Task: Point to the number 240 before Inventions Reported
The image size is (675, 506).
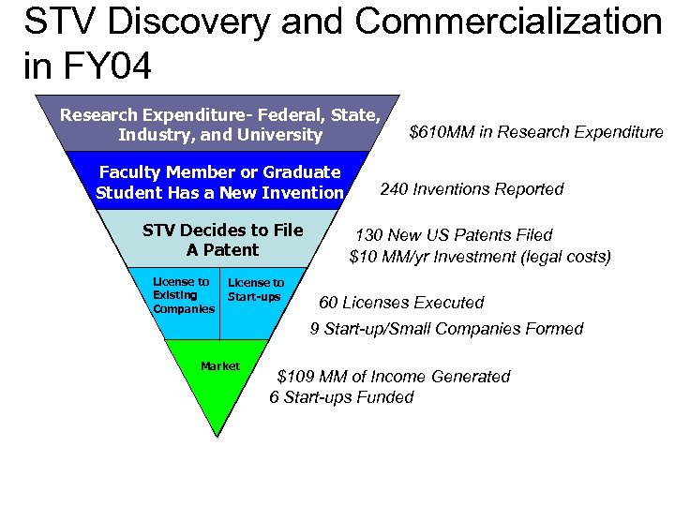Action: [393, 189]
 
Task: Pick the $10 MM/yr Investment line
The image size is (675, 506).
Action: [479, 256]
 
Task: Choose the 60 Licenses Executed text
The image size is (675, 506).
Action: [401, 303]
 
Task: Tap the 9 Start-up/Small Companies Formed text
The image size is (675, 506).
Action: [446, 329]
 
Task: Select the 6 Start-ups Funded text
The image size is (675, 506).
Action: [341, 397]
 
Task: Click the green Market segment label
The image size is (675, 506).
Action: [220, 366]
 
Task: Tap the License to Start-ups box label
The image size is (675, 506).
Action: [255, 290]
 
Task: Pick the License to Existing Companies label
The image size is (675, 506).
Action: [183, 295]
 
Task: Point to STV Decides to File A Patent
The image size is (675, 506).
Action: [222, 240]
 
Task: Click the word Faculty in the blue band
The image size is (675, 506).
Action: [130, 172]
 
